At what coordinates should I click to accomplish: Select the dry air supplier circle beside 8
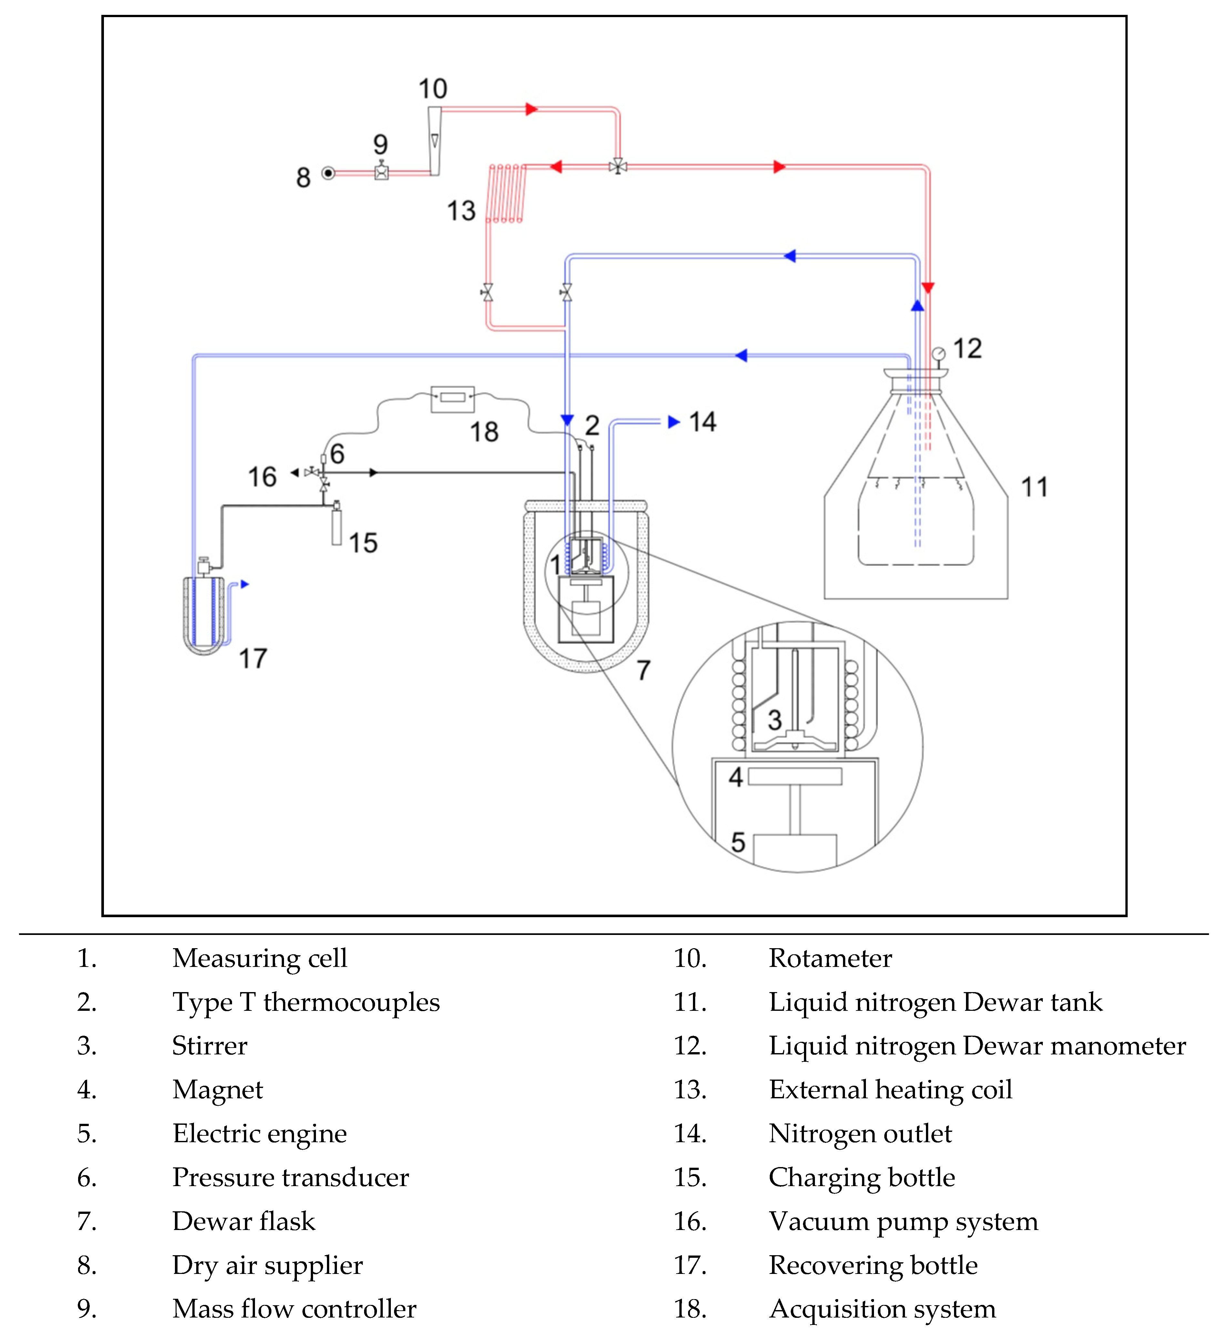coord(328,173)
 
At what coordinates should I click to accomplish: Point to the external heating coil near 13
coord(507,193)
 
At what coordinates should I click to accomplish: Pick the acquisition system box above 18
coord(452,398)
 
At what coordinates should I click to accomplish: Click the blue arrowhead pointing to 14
coord(674,422)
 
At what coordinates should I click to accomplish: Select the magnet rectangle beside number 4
coord(795,776)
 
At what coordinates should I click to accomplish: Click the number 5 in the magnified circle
coord(737,842)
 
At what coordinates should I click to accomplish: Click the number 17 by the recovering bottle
coord(253,659)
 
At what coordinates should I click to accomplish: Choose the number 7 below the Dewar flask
coord(643,670)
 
